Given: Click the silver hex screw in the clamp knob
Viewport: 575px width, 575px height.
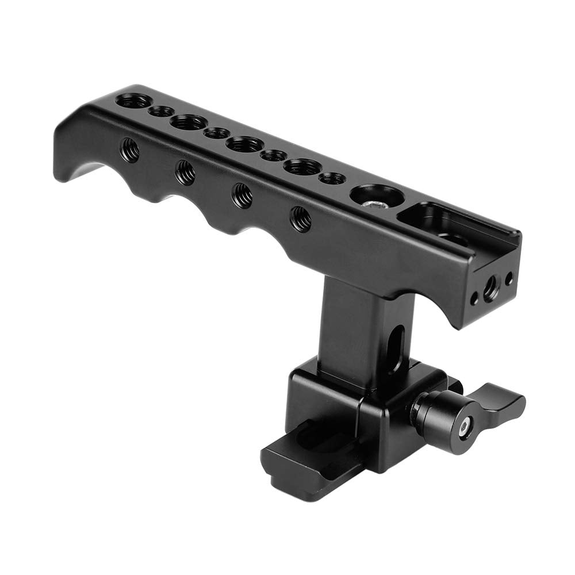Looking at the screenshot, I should [x=463, y=425].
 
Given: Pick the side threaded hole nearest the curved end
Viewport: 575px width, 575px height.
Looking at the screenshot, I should [x=129, y=150].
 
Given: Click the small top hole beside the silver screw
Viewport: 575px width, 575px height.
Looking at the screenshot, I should [x=332, y=178].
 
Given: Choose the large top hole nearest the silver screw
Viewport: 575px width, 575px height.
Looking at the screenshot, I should [x=302, y=167].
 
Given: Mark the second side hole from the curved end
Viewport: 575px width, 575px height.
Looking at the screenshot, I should [x=185, y=172].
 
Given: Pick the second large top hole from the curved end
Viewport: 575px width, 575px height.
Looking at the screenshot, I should [x=188, y=122].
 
